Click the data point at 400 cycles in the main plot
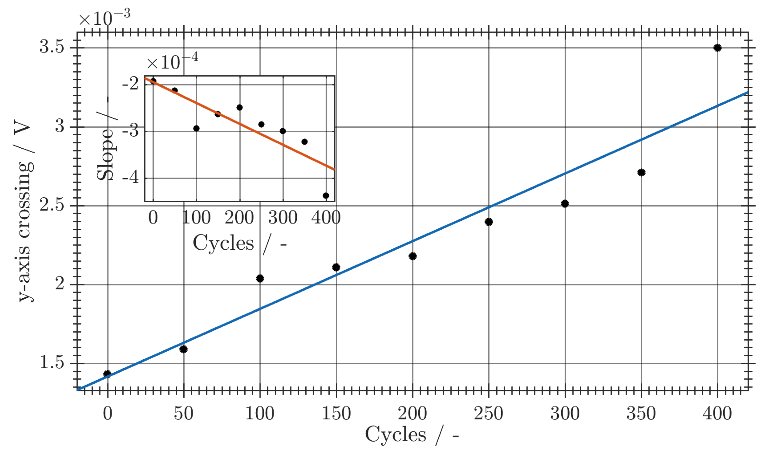(x=717, y=48)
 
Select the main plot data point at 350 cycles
(x=641, y=172)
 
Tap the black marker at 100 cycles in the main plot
(x=260, y=279)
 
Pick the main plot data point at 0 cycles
(x=107, y=374)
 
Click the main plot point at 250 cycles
(x=489, y=222)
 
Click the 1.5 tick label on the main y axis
(x=52, y=362)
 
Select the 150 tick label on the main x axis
(x=336, y=414)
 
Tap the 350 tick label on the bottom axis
(x=641, y=414)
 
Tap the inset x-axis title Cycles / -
(x=240, y=244)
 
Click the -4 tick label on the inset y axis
(x=131, y=177)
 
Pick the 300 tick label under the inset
(x=283, y=218)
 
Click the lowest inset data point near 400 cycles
(x=326, y=196)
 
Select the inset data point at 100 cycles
(x=196, y=128)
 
